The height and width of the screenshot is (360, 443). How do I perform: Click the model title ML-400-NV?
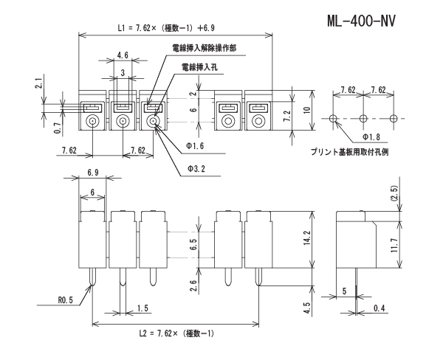[362, 20]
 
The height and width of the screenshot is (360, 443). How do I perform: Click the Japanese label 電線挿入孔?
[199, 67]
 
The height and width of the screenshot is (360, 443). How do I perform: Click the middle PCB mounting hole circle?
[363, 119]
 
